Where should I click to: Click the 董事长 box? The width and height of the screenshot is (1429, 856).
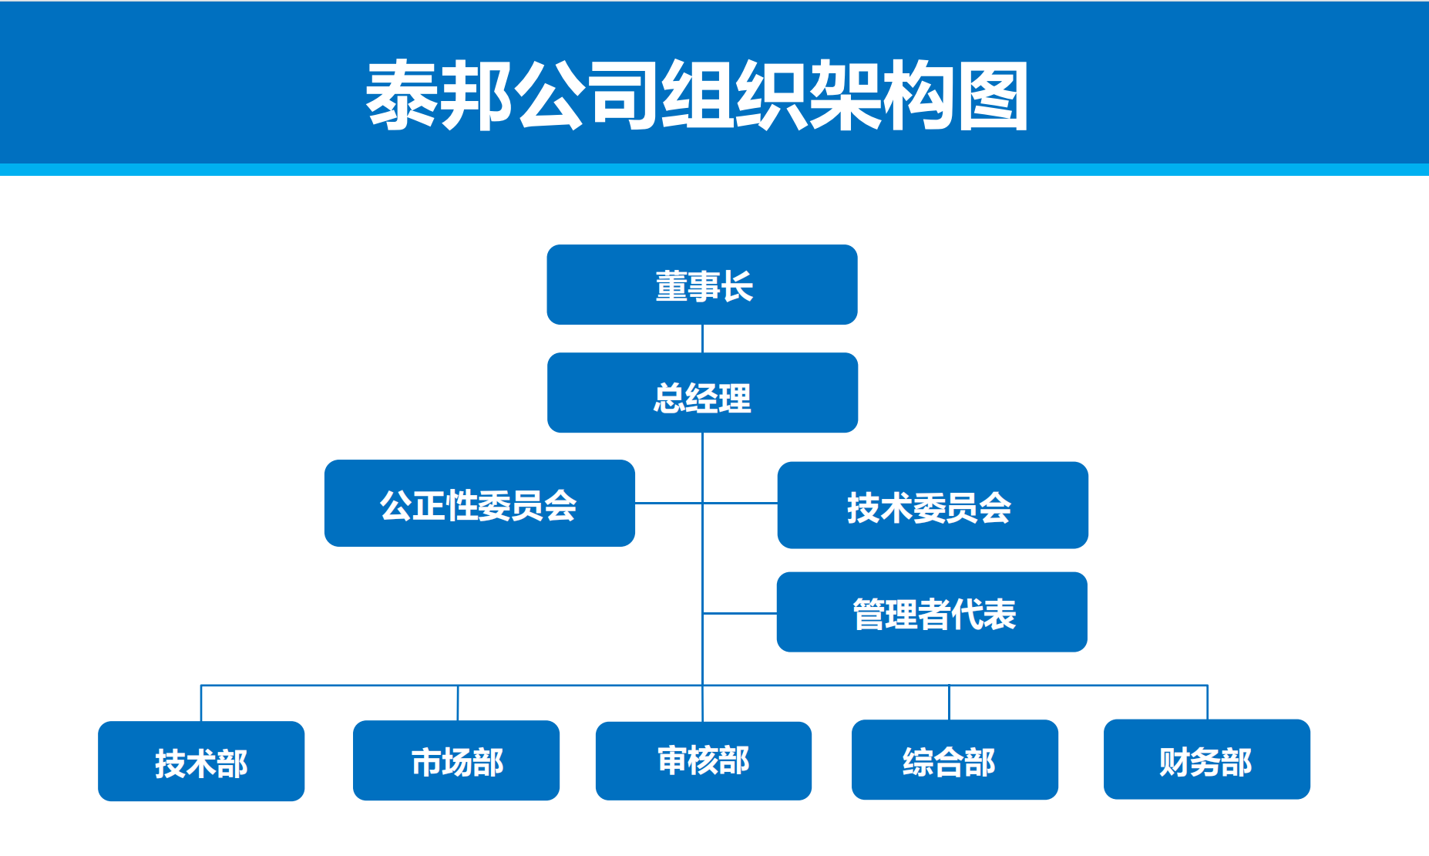point(701,285)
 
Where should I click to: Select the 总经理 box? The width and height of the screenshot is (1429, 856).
point(701,393)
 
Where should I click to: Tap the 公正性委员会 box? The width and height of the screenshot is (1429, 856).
point(479,504)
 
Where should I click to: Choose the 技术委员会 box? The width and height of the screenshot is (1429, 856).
point(932,505)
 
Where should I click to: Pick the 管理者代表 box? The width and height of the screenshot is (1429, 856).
point(931,612)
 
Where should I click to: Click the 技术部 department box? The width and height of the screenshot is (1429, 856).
point(200,761)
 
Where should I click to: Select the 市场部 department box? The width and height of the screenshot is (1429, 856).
point(456,760)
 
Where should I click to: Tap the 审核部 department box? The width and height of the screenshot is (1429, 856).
point(703,760)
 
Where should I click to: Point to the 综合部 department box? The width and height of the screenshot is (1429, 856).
point(954,760)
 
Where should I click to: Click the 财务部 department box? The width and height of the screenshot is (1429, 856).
point(1206,760)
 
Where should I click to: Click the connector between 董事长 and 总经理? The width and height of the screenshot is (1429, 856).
point(702,339)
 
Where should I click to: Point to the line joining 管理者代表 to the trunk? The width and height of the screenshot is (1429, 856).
point(740,614)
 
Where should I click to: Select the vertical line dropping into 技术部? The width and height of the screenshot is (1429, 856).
point(201,703)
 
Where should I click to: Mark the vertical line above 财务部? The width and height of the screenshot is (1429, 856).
point(1207,703)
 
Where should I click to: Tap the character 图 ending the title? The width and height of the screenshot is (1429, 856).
point(991,96)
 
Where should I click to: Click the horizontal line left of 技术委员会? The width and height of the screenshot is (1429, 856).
point(740,504)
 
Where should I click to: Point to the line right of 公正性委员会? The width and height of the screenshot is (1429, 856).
point(668,504)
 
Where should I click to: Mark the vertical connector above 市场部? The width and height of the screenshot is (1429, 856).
point(458,703)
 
